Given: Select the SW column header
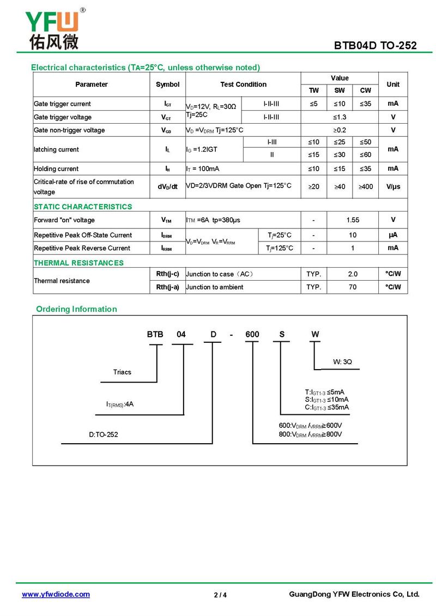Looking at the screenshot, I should pos(340,90).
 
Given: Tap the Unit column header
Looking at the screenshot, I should pos(393,84).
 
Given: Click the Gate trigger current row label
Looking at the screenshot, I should pos(62,104).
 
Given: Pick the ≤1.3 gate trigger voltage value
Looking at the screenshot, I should pos(340,117).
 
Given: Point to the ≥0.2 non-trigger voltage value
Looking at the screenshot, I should pos(340,130).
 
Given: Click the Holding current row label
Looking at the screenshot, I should pos(56,169).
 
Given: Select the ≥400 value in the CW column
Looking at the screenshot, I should pos(366,186).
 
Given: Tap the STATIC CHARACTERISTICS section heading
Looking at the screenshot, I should pos(83,207).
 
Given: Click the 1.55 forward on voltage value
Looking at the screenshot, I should pos(353,220).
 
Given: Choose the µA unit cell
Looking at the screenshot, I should pos(393,235).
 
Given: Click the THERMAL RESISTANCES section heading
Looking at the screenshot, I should pos(78,263).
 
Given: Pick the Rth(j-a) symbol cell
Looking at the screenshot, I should pos(167,287).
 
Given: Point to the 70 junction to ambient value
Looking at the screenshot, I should pos(353,287).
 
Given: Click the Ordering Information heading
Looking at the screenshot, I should pos(76,309).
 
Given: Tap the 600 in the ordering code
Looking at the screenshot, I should pos(252,334).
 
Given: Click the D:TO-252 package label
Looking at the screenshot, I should pos(104,434).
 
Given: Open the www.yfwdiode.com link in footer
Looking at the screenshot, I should pos(56,594).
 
